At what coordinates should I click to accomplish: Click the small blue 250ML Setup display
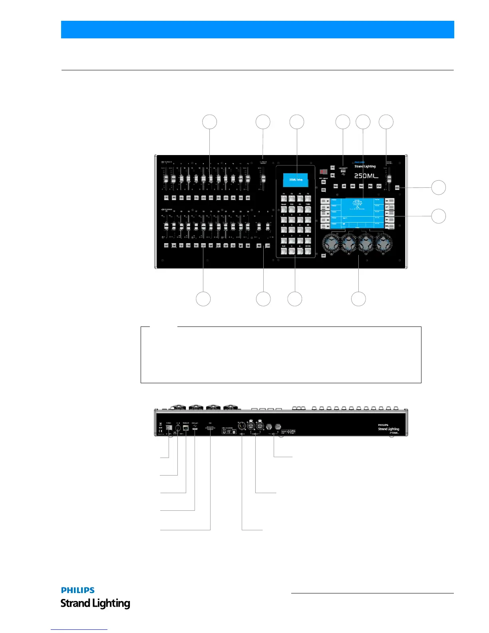295,180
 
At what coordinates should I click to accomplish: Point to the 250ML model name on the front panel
366,176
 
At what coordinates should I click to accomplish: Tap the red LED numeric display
324,172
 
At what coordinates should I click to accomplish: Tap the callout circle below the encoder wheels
358,299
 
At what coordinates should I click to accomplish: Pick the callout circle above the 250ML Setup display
296,122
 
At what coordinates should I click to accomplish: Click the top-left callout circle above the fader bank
210,122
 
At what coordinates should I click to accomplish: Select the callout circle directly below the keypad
295,299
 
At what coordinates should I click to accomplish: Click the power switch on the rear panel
169,428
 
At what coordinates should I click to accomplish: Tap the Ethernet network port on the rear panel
186,428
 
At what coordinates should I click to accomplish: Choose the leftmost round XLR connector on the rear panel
241,426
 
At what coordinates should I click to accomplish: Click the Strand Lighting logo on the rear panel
388,429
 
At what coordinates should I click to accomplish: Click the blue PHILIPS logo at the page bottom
78,590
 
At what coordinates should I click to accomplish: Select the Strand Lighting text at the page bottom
95,603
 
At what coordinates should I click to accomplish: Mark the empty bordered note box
281,355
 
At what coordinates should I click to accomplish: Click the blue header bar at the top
257,30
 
